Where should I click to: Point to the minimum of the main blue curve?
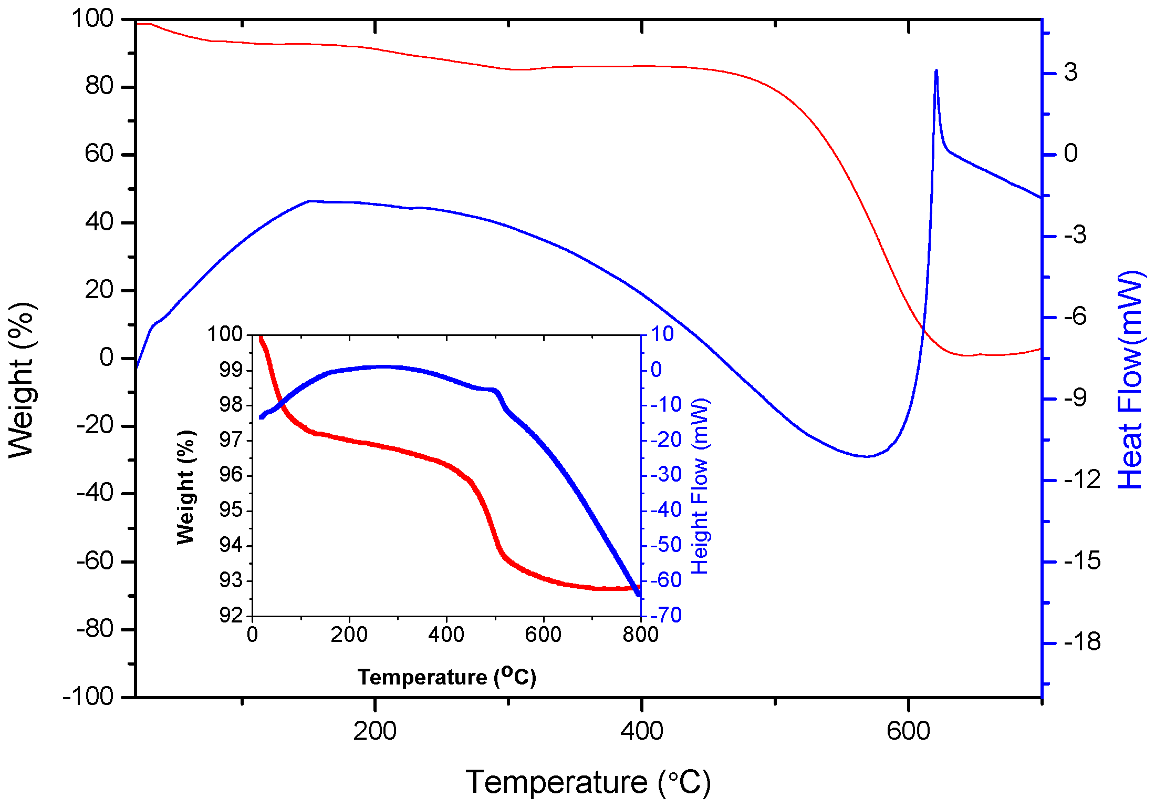(867, 456)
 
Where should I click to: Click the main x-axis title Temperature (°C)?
(588, 782)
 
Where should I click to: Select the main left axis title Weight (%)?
(22, 380)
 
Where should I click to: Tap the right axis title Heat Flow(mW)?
(1130, 380)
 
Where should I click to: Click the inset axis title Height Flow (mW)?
(700, 486)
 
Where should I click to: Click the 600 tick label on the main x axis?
(908, 731)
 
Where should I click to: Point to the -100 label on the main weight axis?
(88, 697)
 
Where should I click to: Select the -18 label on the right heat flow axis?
(1082, 642)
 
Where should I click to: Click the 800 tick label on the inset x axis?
(640, 635)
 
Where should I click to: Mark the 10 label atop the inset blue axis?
(662, 334)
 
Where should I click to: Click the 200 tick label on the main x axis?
(374, 731)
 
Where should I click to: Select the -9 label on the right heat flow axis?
(1075, 398)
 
